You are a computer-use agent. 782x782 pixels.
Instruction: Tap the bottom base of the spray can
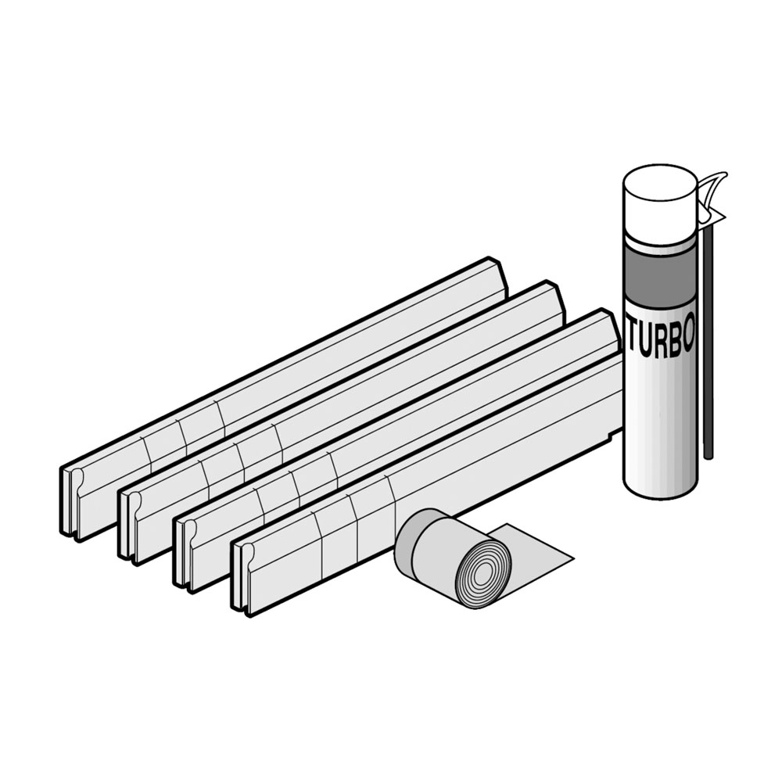click(660, 486)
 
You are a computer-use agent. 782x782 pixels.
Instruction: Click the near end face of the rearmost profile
click(71, 503)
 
